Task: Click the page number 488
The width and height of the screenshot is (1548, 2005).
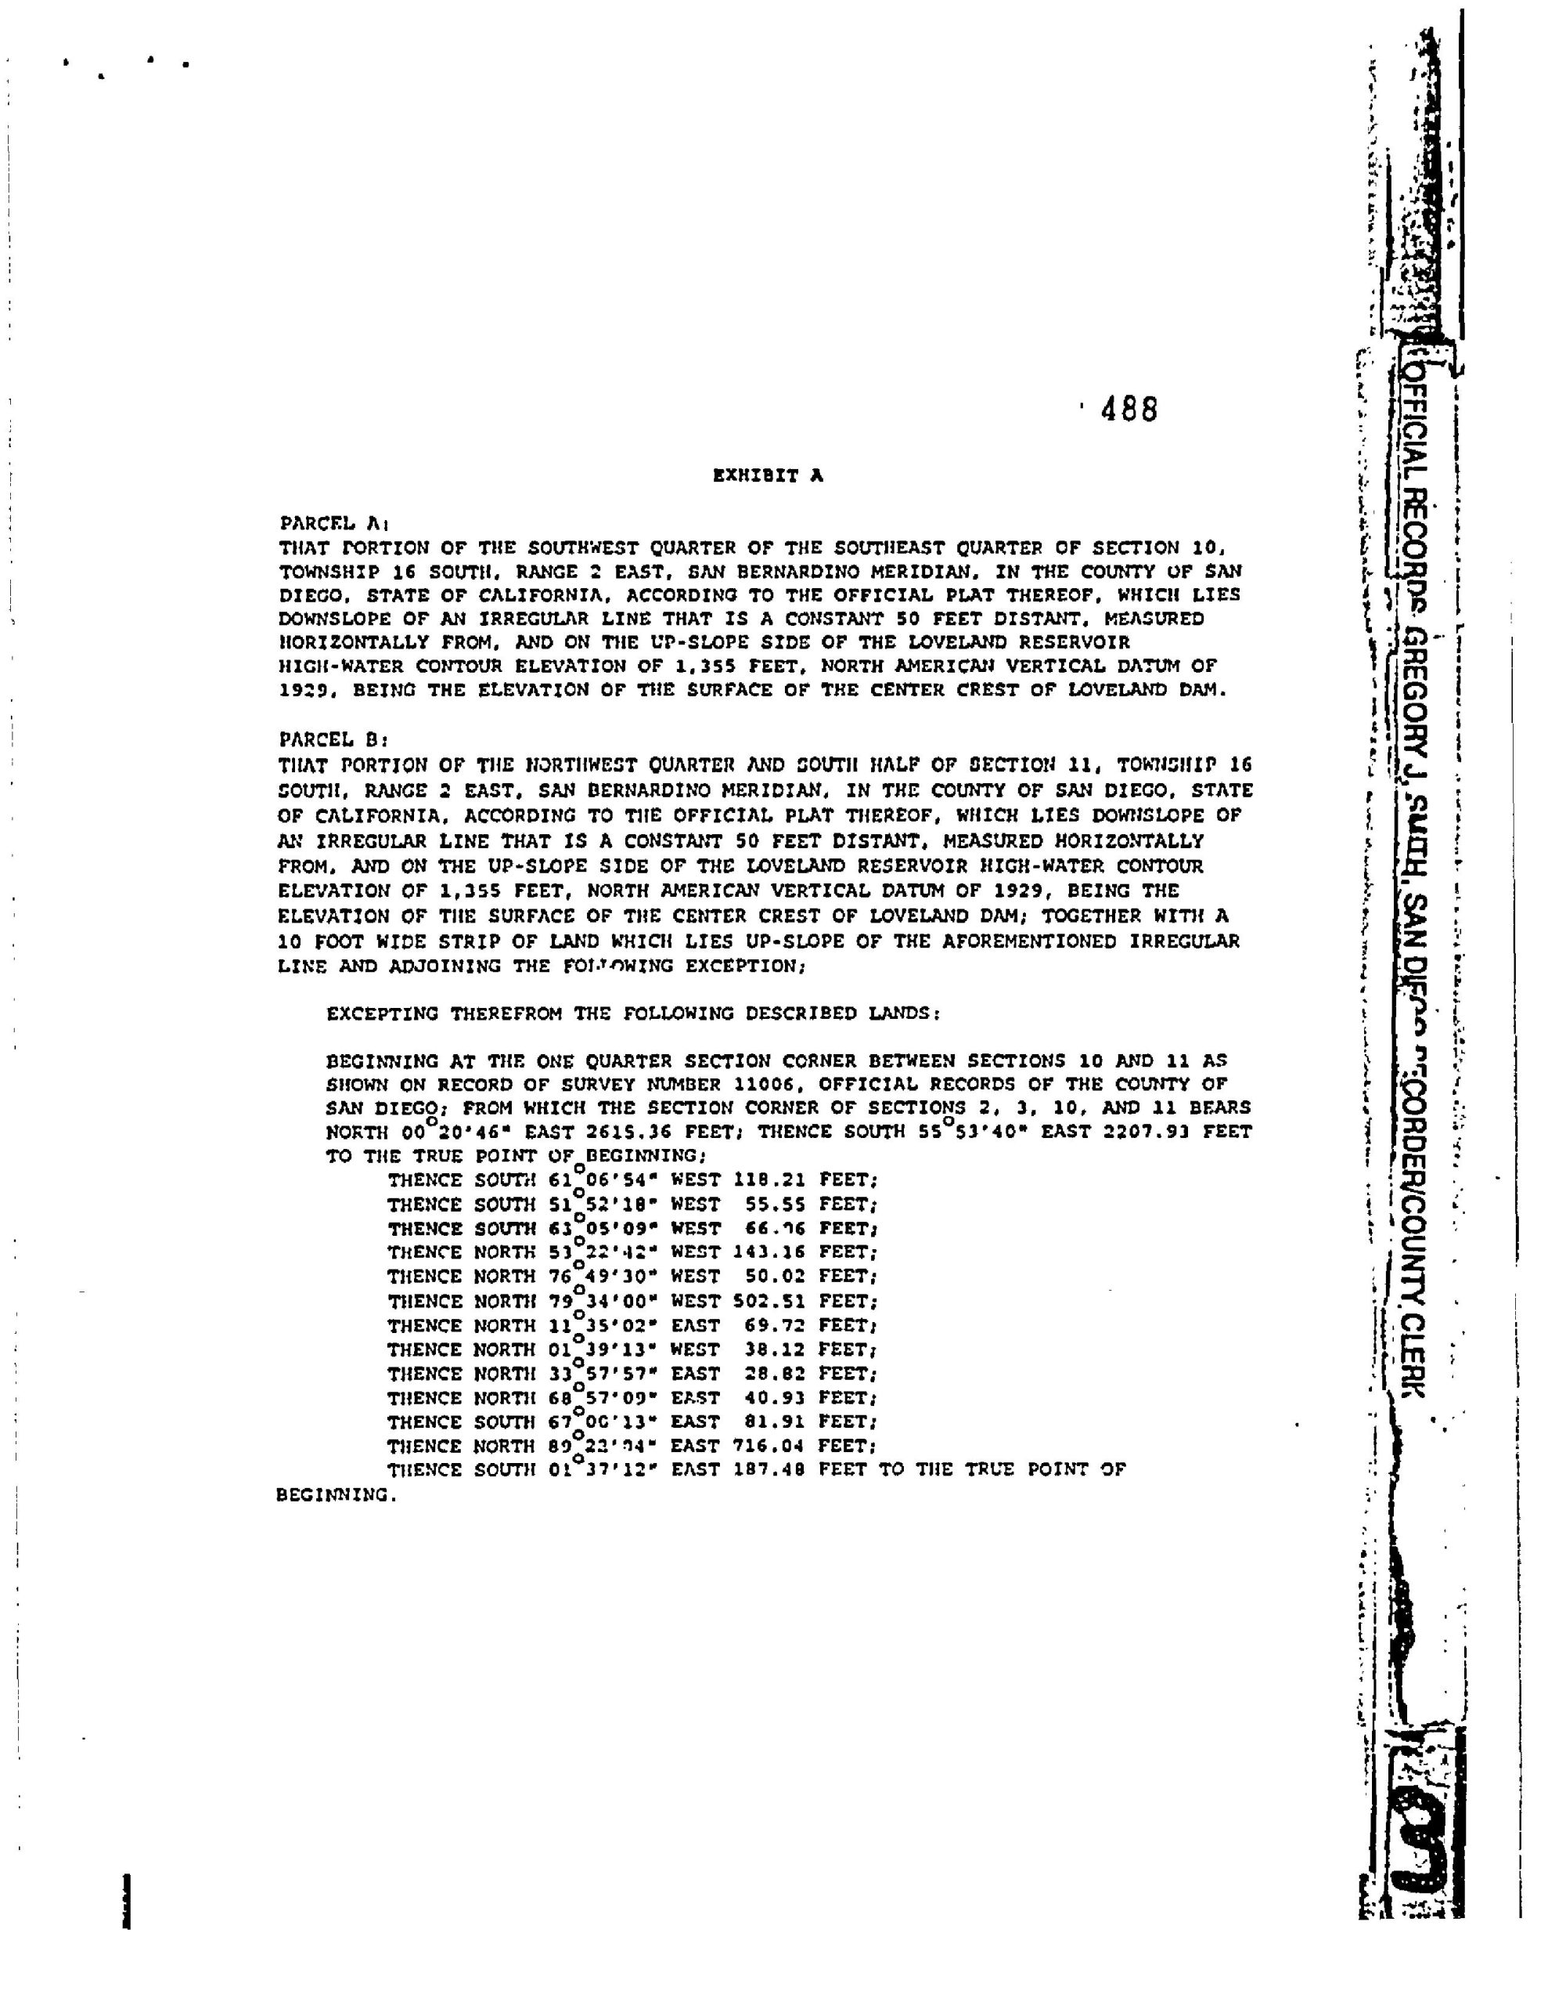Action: (x=1129, y=410)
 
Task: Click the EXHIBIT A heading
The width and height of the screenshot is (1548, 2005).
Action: (x=768, y=475)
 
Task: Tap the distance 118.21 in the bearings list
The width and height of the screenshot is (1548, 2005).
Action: (x=769, y=1180)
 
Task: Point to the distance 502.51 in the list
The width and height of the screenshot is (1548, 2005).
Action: (x=769, y=1301)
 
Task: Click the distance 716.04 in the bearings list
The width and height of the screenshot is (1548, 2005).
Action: (x=769, y=1446)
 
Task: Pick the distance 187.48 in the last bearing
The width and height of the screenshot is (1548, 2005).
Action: (x=769, y=1470)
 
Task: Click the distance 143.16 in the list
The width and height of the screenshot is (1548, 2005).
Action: (x=769, y=1252)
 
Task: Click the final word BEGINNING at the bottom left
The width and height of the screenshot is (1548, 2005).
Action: (x=336, y=1494)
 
